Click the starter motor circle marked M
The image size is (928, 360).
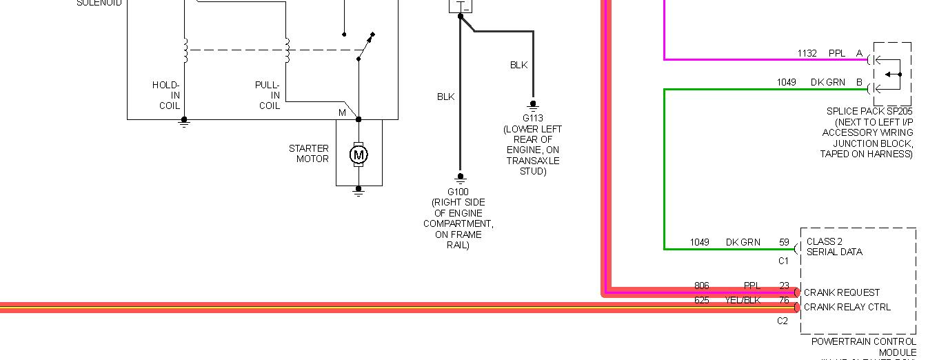pyautogui.click(x=358, y=155)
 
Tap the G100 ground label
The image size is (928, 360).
pyautogui.click(x=458, y=192)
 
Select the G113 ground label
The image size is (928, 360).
pyautogui.click(x=532, y=118)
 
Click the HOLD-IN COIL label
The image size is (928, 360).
pyautogui.click(x=166, y=95)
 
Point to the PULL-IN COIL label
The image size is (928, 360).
pyautogui.click(x=268, y=95)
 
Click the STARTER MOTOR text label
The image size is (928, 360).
pyautogui.click(x=309, y=153)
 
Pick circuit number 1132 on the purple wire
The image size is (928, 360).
pyautogui.click(x=807, y=53)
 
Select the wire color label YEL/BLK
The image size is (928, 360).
pyautogui.click(x=744, y=301)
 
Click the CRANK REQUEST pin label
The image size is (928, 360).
pyautogui.click(x=842, y=292)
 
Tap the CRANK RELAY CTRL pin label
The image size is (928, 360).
pyautogui.click(x=847, y=307)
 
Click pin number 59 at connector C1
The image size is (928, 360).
pyautogui.click(x=784, y=242)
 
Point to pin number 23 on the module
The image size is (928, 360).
pyautogui.click(x=784, y=286)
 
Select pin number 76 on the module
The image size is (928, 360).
pyautogui.click(x=784, y=301)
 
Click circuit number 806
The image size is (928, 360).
pyautogui.click(x=701, y=286)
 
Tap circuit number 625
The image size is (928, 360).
pyautogui.click(x=701, y=301)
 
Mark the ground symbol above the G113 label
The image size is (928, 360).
pyautogui.click(x=532, y=105)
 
